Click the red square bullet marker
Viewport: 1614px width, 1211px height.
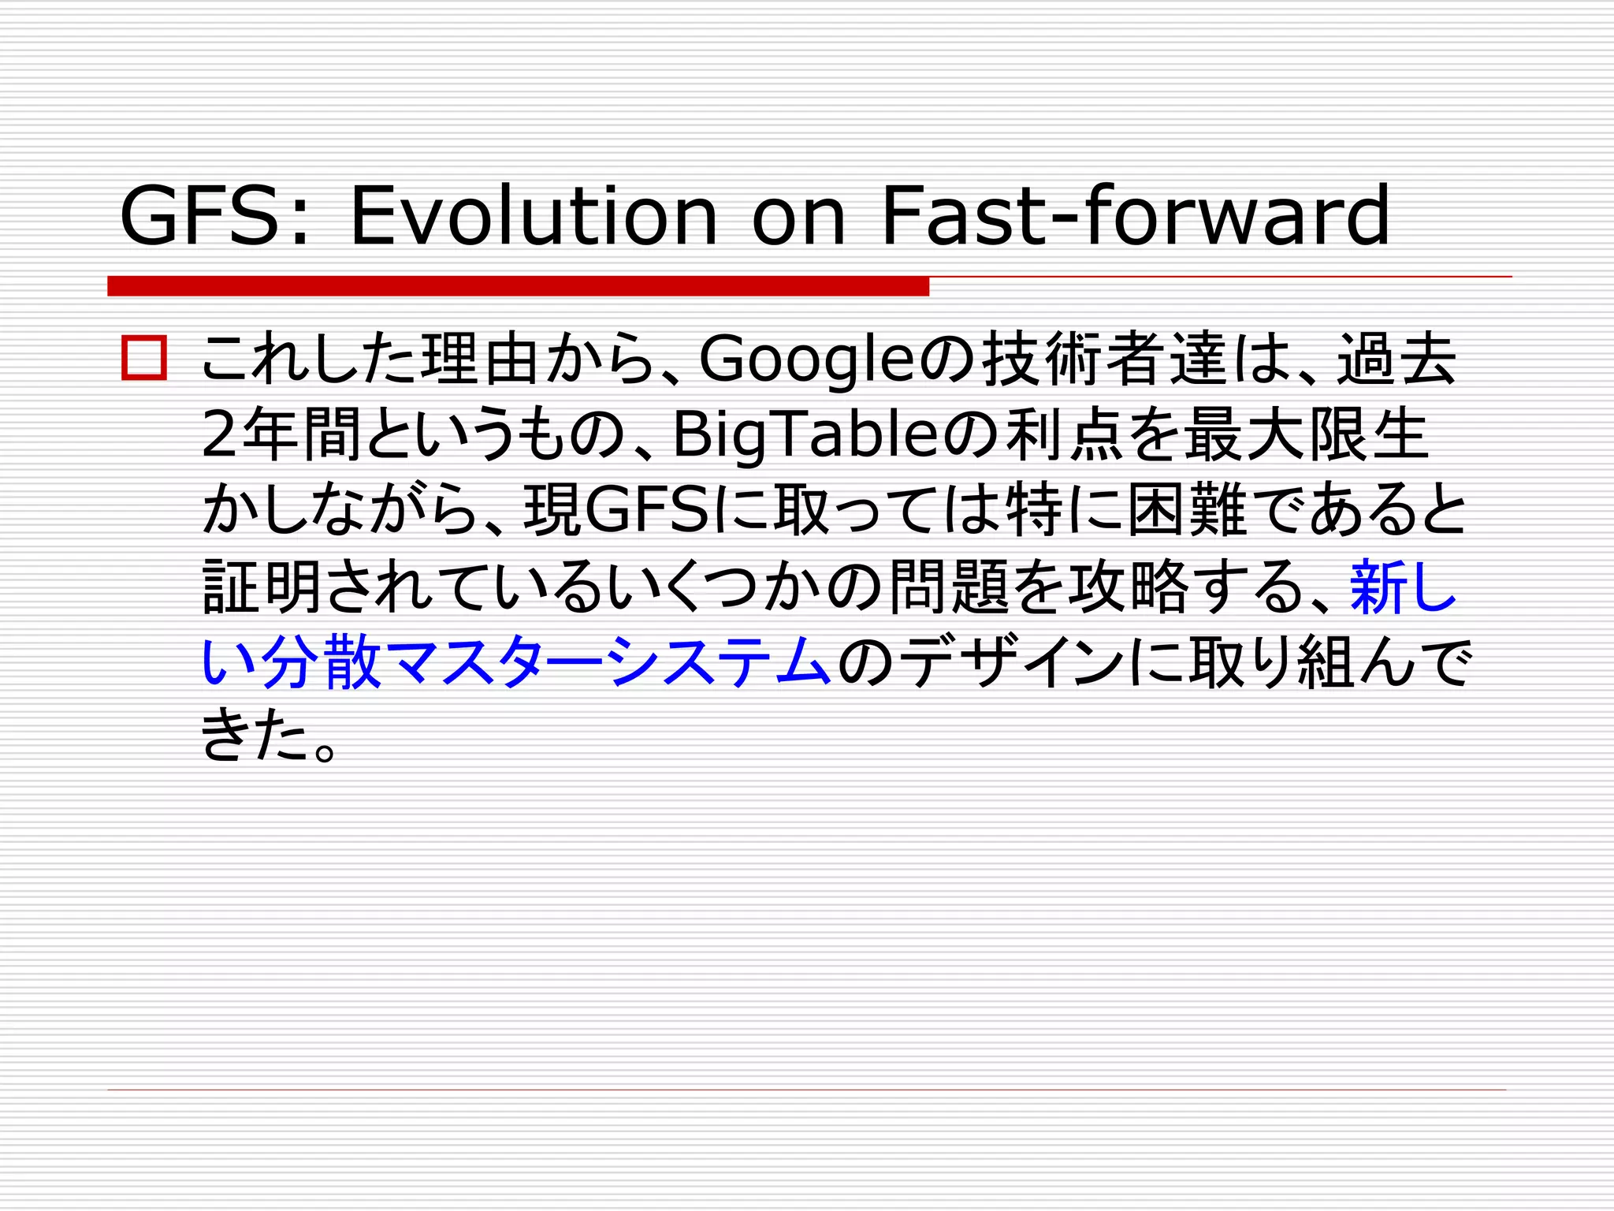pos(144,359)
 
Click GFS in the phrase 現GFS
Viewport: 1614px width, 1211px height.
pos(647,511)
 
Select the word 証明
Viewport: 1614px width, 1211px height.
pos(261,587)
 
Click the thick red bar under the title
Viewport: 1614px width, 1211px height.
pos(518,286)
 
